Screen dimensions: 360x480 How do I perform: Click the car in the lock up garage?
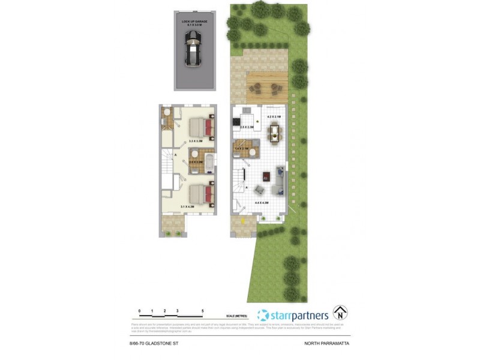click(x=192, y=47)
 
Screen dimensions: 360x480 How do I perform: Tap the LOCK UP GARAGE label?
click(x=194, y=22)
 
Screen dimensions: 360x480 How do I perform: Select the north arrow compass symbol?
click(x=341, y=313)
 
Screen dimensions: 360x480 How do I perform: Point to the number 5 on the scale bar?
click(x=203, y=311)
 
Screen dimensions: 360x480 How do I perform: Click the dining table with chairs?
click(x=275, y=132)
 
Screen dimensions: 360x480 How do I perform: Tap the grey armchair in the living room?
click(x=259, y=190)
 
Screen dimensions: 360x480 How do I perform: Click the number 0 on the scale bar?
click(x=139, y=311)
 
